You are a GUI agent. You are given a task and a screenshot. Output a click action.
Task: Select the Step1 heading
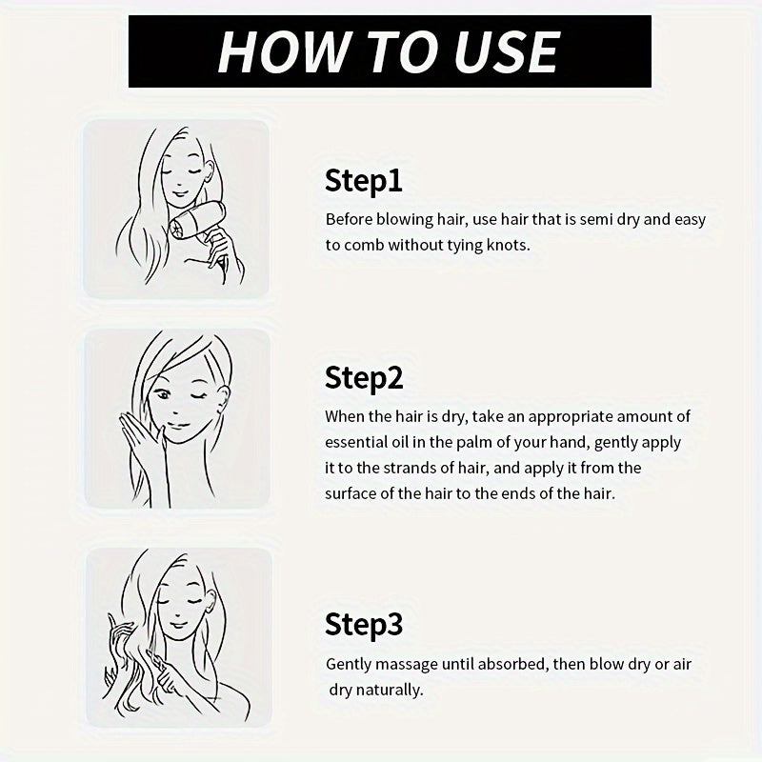[364, 181]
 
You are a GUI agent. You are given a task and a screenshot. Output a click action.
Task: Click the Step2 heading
[364, 378]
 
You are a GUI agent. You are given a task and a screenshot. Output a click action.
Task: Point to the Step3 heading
[364, 624]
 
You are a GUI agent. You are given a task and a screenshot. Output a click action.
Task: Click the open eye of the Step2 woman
[163, 394]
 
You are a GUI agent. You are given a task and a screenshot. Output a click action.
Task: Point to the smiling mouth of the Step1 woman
[179, 194]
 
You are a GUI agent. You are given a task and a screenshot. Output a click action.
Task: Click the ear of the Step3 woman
[211, 605]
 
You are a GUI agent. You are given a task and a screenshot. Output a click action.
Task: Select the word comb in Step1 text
[364, 245]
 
